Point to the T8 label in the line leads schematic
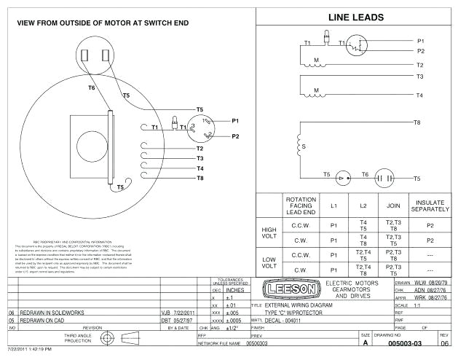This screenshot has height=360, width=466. click(x=417, y=122)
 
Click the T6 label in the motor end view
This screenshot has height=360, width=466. click(x=92, y=87)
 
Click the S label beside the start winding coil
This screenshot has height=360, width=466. click(x=304, y=146)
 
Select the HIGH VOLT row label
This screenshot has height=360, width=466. click(x=269, y=233)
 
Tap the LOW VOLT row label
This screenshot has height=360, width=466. click(x=269, y=263)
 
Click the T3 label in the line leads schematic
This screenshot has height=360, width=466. click(x=419, y=76)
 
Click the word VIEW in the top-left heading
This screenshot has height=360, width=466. click(x=28, y=23)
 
